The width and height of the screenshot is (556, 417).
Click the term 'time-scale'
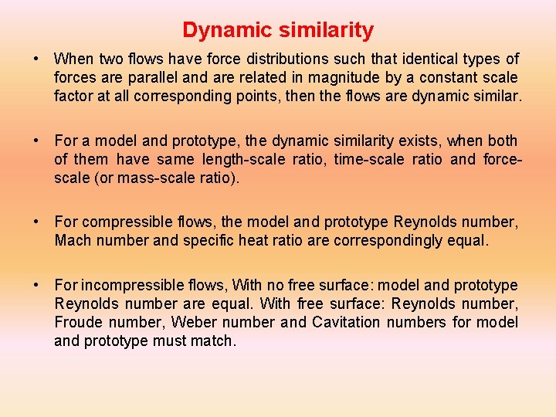(362, 159)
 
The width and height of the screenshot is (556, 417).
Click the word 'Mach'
(70, 240)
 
